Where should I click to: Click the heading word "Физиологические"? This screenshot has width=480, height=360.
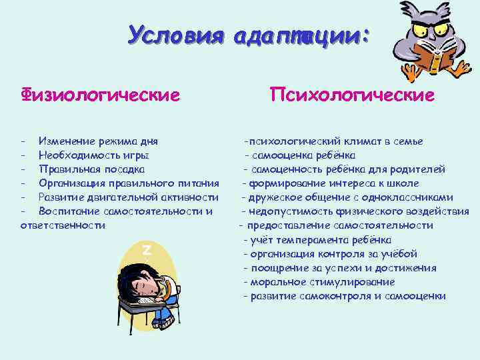(x=100, y=95)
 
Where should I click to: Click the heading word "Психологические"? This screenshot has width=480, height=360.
(x=352, y=95)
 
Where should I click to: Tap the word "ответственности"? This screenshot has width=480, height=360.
(x=63, y=225)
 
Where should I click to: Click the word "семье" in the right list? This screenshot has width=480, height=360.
(x=407, y=141)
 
